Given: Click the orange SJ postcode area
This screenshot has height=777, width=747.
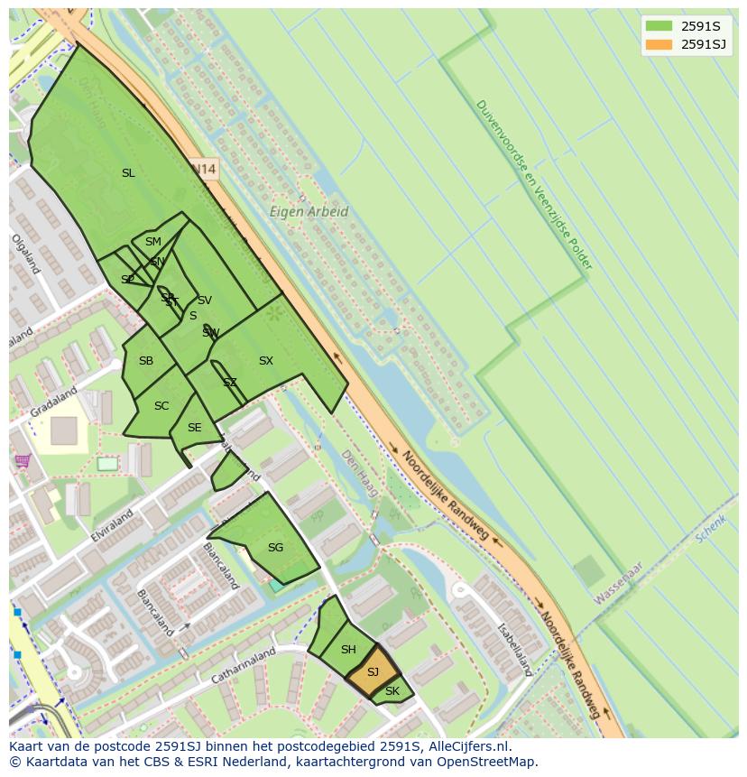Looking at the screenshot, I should [x=373, y=673].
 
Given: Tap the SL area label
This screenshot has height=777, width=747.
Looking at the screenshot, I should [x=128, y=173].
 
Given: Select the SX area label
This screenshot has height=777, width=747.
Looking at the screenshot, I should [x=265, y=361].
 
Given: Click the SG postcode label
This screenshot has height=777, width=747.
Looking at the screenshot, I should [x=275, y=548].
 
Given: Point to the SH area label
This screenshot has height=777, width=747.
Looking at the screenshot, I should [x=348, y=650].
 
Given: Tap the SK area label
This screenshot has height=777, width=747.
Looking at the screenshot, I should [x=392, y=692].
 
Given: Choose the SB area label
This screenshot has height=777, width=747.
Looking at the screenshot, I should [x=146, y=361].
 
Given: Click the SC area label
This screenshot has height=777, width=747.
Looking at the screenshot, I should [x=161, y=406].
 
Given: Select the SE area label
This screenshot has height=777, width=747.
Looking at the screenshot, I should [x=194, y=428].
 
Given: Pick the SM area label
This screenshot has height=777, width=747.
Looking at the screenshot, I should [x=152, y=242].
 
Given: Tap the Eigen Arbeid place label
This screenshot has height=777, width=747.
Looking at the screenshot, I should [x=309, y=212].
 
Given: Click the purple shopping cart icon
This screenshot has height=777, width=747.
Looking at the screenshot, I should [x=23, y=461].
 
